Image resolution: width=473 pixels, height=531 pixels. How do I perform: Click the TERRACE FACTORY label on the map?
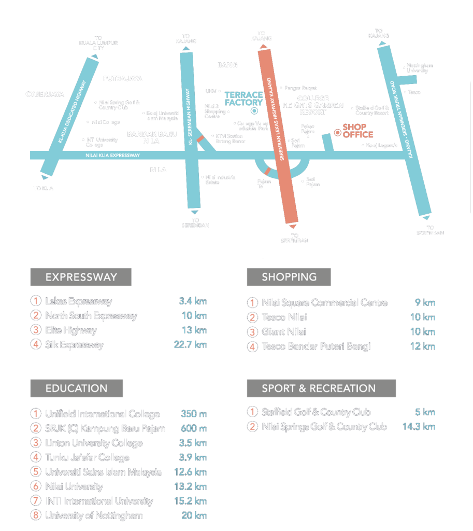[243, 99]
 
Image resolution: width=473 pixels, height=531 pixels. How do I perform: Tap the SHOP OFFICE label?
[357, 131]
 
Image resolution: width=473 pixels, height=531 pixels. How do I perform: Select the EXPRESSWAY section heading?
[81, 277]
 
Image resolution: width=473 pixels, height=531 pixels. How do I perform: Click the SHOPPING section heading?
[289, 277]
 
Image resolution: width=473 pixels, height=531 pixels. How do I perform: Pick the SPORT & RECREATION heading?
[319, 388]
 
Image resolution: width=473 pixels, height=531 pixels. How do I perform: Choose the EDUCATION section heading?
[76, 388]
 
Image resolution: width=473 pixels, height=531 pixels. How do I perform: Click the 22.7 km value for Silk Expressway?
[190, 345]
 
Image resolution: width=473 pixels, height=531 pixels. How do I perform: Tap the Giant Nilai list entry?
[284, 332]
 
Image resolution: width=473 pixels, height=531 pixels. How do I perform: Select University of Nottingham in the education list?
[94, 515]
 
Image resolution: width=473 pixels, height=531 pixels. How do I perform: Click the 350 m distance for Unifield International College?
[193, 414]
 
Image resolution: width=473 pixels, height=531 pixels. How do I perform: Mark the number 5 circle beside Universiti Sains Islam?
[35, 472]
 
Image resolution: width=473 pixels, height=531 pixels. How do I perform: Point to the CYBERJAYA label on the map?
[45, 94]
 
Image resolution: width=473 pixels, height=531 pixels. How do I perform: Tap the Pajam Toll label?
[264, 184]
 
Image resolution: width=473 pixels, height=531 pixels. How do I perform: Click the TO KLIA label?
[44, 188]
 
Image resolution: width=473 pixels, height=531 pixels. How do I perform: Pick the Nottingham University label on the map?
[420, 68]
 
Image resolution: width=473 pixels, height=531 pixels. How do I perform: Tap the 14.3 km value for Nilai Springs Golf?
[418, 427]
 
